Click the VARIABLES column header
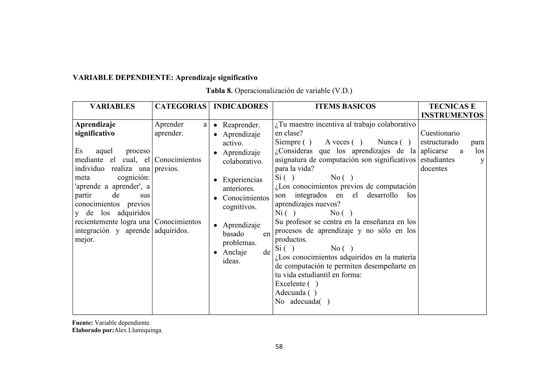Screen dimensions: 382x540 112,106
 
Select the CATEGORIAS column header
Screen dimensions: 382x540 181,106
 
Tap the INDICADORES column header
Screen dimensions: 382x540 241,106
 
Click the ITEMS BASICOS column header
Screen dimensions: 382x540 345,106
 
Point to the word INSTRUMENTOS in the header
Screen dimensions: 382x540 452,115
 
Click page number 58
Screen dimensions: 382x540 279,347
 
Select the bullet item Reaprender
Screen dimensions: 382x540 241,125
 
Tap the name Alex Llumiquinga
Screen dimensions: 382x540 138,330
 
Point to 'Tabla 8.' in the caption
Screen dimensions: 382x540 219,91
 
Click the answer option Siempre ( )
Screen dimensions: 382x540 293,142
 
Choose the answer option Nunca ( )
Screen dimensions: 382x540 394,142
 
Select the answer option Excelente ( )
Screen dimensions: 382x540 296,284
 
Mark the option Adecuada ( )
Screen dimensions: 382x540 296,293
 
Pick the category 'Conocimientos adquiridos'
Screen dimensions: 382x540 178,226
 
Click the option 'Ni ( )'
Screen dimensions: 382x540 285,213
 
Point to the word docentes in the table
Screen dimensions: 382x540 434,169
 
